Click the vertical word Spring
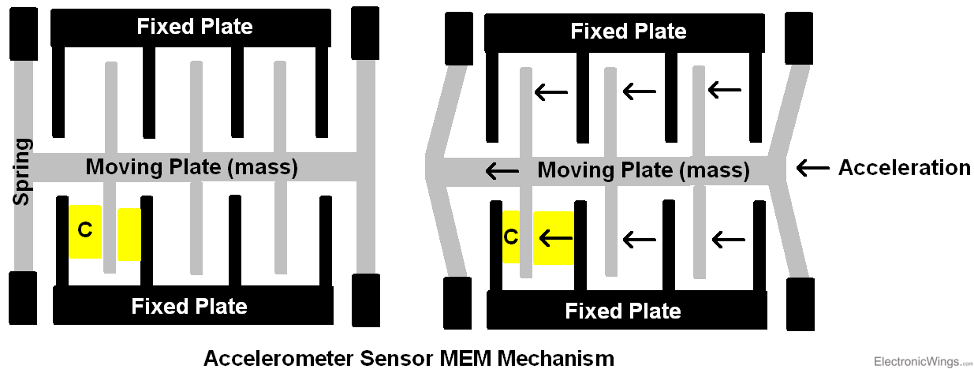pyautogui.click(x=23, y=172)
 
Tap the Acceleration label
pyautogui.click(x=904, y=167)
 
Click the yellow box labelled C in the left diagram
pyautogui.click(x=85, y=231)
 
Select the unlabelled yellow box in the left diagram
pyautogui.click(x=129, y=234)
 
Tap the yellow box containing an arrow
pyautogui.click(x=553, y=237)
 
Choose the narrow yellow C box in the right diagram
pyautogui.click(x=511, y=237)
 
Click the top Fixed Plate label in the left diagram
pyautogui.click(x=195, y=27)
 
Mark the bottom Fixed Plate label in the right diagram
pyautogui.click(x=623, y=311)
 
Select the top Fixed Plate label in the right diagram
pyautogui.click(x=629, y=32)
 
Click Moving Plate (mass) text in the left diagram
pyautogui.click(x=192, y=167)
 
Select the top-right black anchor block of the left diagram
pyautogui.click(x=367, y=35)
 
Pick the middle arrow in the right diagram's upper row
pyautogui.click(x=639, y=92)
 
